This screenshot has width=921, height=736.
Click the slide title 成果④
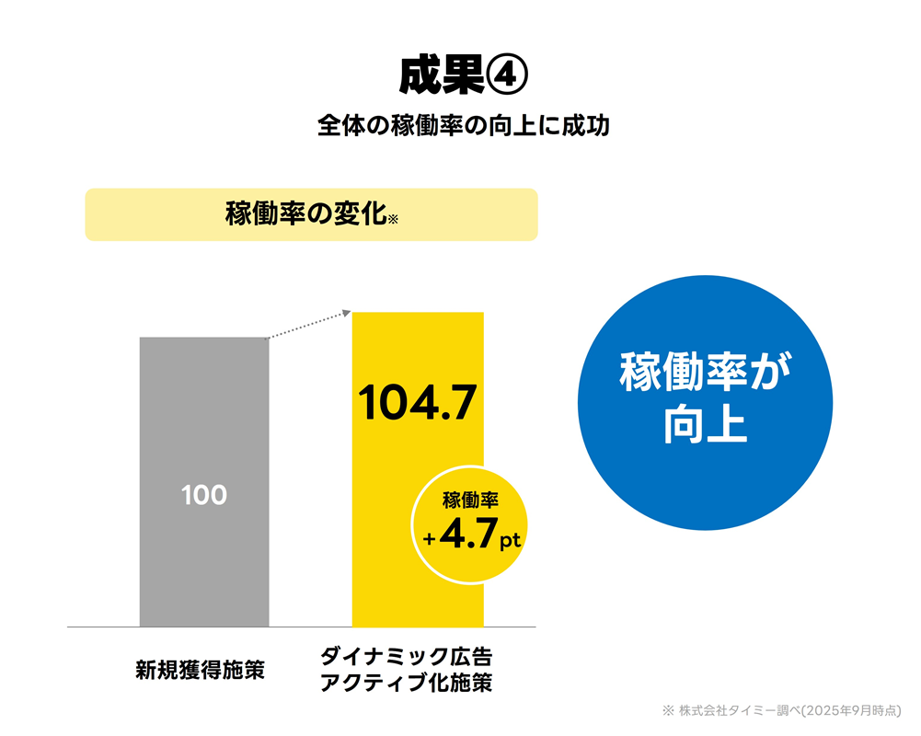(x=462, y=76)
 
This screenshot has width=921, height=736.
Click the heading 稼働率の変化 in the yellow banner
(x=305, y=214)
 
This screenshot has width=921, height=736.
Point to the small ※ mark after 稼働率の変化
(x=393, y=220)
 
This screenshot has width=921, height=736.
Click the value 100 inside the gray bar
(x=204, y=495)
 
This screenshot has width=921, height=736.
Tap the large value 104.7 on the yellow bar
(x=418, y=402)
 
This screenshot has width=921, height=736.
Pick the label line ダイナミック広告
(x=406, y=658)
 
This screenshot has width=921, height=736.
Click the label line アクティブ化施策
(x=406, y=684)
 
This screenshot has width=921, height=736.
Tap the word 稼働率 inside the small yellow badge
(x=470, y=501)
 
